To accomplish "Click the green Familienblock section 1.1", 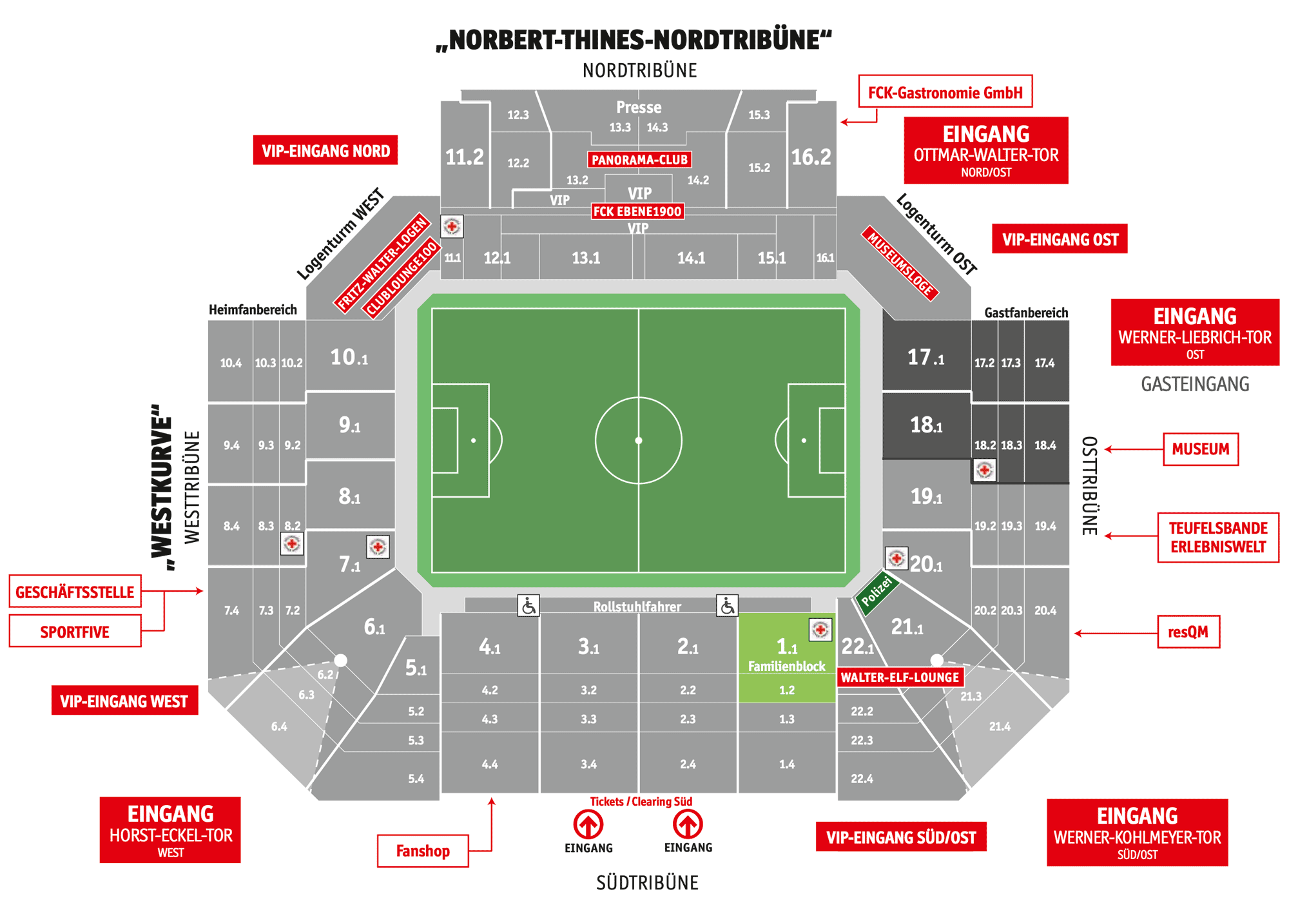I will [786, 654].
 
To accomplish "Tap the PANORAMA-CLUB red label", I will [639, 160].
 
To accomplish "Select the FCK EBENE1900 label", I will [637, 211].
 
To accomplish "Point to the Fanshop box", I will [423, 851].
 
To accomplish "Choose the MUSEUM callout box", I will [1200, 449].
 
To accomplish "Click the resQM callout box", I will [1188, 632].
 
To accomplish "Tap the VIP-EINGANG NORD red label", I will [325, 151].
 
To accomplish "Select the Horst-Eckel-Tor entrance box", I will [170, 830].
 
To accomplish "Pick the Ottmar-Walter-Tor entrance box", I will [985, 151].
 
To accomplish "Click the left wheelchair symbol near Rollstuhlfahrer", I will [528, 606].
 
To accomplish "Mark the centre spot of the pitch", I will [639, 441].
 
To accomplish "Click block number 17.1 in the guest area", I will [926, 357].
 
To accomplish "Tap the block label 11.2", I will [464, 157].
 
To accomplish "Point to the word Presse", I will [639, 107].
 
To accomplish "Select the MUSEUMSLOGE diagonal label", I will [900, 263].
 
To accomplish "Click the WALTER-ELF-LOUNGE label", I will [900, 677].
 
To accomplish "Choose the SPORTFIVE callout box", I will [75, 632].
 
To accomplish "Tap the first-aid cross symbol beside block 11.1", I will [452, 227].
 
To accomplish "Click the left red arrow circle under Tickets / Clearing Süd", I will [588, 824].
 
